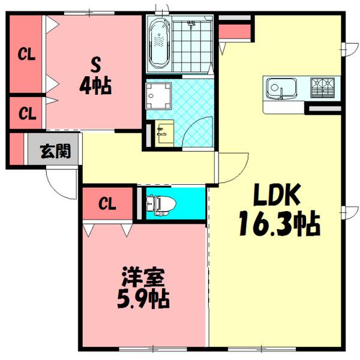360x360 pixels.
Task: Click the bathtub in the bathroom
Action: click(160, 43)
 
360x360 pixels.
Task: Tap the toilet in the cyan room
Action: click(158, 205)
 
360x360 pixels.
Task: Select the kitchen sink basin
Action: click(280, 89)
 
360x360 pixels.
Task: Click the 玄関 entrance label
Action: click(55, 151)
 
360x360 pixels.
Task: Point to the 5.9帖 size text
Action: click(142, 298)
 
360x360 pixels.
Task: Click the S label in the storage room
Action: click(94, 64)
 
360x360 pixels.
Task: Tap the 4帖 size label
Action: click(94, 87)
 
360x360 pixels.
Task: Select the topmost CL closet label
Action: click(26, 55)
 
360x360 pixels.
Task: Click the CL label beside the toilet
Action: click(107, 204)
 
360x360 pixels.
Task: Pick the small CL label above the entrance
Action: click(26, 112)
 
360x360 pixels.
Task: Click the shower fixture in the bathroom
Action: click(193, 25)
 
